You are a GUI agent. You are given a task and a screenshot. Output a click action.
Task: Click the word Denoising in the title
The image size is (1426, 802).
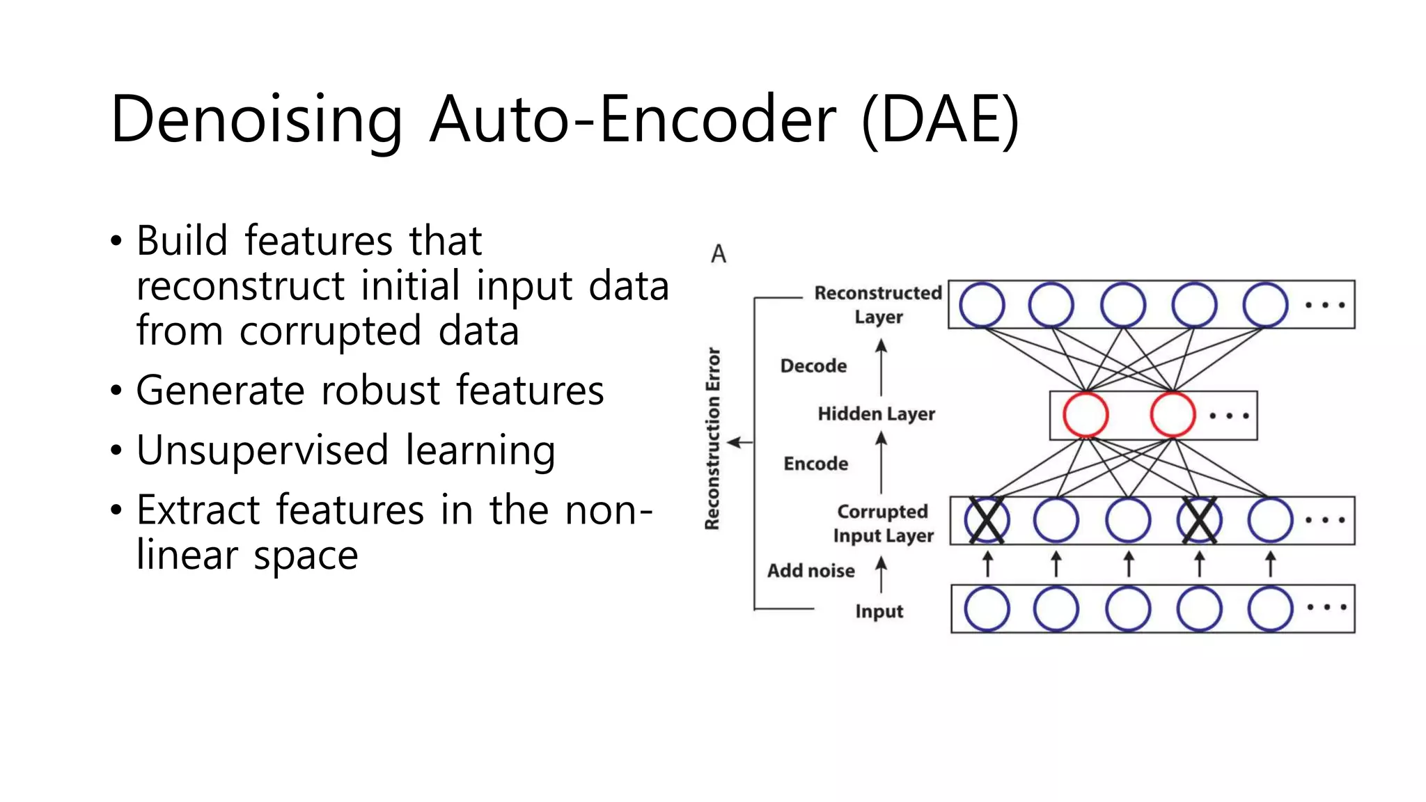pos(256,120)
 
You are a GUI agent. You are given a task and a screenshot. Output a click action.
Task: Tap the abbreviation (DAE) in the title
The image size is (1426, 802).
pos(940,120)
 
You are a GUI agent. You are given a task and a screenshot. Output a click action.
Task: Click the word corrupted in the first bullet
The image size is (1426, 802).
pos(330,331)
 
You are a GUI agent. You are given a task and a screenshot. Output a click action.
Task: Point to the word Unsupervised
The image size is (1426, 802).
pos(262,450)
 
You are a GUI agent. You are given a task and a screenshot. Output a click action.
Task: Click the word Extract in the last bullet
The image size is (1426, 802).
pos(197,510)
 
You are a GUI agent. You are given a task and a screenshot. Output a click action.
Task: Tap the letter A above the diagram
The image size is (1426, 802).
pos(719,254)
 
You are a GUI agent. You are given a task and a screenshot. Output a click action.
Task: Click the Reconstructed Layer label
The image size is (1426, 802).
pos(877,304)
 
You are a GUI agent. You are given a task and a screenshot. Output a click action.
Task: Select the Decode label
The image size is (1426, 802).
pos(813,366)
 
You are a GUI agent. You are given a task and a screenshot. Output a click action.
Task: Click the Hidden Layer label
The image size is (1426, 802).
pos(876,414)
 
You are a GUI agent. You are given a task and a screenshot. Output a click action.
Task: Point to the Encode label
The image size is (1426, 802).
pos(815,464)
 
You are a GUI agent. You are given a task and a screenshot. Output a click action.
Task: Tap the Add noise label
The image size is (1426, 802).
pos(810,571)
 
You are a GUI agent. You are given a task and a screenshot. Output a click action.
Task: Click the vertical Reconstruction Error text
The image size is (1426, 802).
pos(712,439)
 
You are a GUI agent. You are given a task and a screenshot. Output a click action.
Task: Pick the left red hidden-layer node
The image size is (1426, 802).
pos(1086,415)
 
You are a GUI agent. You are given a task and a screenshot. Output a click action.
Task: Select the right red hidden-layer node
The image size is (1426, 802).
pos(1173,415)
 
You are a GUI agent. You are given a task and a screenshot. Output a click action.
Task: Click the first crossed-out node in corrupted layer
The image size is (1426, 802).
pos(987,520)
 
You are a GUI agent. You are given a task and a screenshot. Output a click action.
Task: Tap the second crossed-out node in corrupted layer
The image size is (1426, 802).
pos(1199,520)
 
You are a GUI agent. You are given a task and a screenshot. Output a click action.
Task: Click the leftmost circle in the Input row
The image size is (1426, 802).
pos(987,608)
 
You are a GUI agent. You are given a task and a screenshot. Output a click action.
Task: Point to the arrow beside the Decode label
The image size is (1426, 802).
pos(881,367)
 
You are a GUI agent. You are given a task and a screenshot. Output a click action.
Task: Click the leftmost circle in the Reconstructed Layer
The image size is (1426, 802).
pos(982,305)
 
